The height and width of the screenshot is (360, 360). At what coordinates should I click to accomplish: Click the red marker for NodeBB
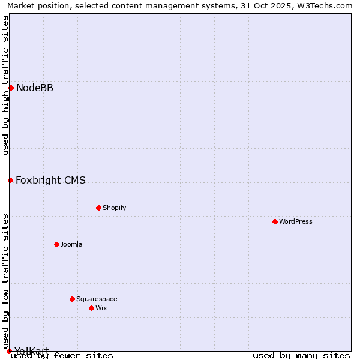coord(11,88)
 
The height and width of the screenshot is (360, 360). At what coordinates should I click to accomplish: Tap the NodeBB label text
coord(35,88)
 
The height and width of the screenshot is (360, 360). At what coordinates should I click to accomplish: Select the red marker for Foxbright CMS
coord(10,180)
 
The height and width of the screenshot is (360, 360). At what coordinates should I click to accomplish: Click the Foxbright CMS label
coord(50,180)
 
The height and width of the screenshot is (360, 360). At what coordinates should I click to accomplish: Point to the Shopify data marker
coord(98,208)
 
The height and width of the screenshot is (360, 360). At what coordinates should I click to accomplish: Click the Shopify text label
coord(114,208)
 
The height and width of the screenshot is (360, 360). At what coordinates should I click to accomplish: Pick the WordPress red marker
coord(275,221)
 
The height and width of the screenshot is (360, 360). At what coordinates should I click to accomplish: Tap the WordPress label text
coord(295,221)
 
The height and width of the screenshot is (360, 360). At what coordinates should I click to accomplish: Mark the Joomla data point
coord(56,244)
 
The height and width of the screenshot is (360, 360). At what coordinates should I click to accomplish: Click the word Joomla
coord(71,244)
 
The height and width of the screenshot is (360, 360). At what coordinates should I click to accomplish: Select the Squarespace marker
coord(72,299)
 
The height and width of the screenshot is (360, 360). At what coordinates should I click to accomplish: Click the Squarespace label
coord(97,299)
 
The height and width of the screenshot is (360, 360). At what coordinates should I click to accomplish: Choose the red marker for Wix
coord(91,308)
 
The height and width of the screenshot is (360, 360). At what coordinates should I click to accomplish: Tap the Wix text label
coord(101,308)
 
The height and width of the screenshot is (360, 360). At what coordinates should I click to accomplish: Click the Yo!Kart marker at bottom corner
coord(9,351)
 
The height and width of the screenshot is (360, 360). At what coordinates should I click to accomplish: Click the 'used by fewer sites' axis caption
coord(62,355)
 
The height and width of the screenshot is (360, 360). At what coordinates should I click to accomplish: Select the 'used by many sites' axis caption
coord(301,355)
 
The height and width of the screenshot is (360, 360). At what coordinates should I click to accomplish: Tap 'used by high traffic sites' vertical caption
coord(6,85)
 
